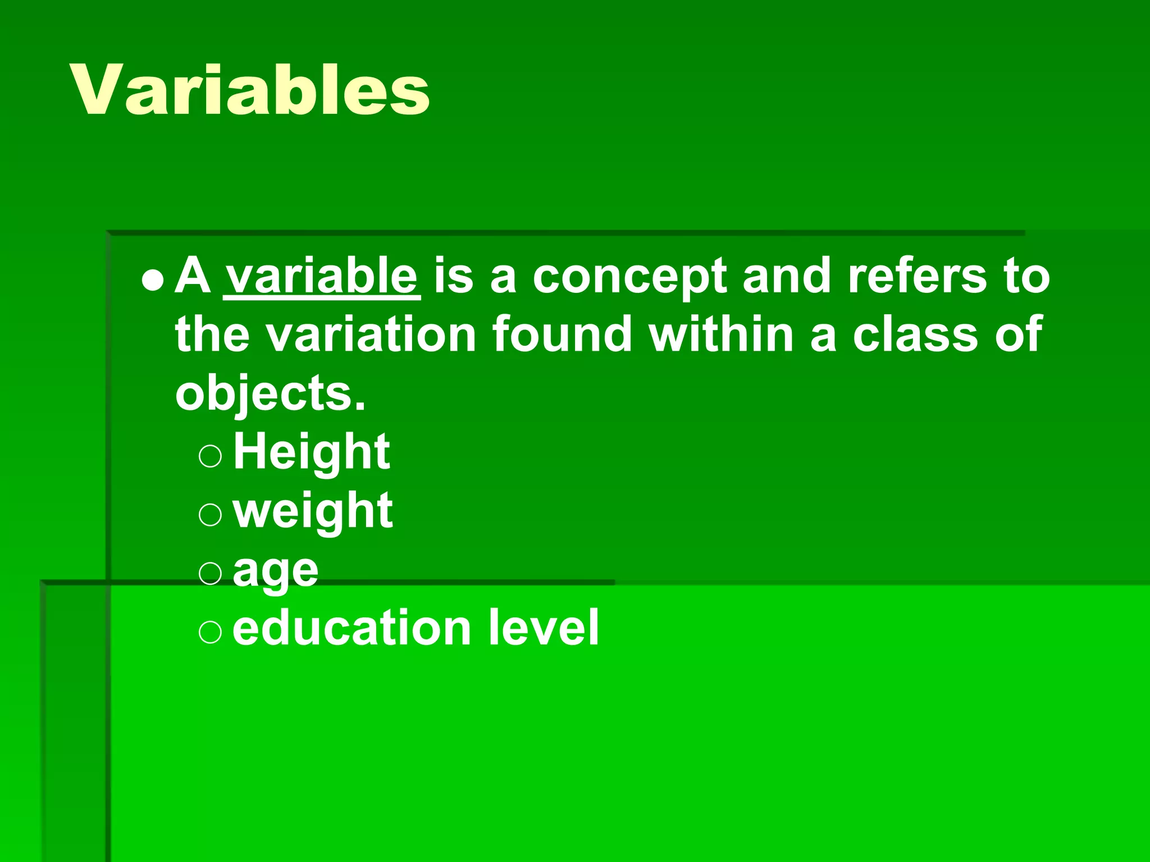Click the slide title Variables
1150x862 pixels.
coord(250,90)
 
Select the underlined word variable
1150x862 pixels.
coord(322,276)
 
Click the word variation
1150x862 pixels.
coord(371,334)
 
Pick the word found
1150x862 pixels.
coord(562,334)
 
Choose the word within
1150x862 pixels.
coord(721,334)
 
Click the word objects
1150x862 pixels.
coord(270,394)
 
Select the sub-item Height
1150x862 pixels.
coord(312,452)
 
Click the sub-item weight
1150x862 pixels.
coord(313,511)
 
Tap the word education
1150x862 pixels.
coord(352,628)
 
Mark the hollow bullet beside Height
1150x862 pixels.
coord(211,456)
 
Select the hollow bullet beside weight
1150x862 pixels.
coord(211,514)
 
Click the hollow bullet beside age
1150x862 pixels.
coord(211,573)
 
